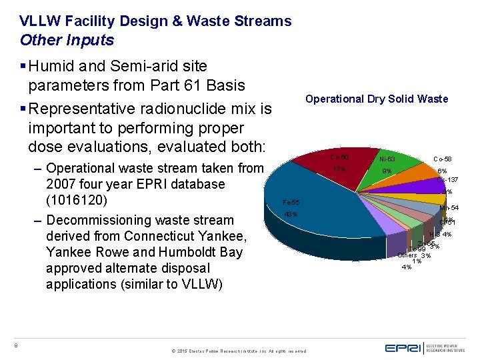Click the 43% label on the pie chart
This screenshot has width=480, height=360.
pyautogui.click(x=291, y=214)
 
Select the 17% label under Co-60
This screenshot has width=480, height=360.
pyautogui.click(x=339, y=169)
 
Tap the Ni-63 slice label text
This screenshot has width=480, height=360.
pyautogui.click(x=387, y=159)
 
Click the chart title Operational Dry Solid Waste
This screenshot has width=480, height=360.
pyautogui.click(x=377, y=99)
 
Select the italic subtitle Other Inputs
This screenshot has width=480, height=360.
pyautogui.click(x=67, y=40)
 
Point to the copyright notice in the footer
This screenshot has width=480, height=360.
pyautogui.click(x=239, y=351)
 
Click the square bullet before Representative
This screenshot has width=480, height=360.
pyautogui.click(x=23, y=108)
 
